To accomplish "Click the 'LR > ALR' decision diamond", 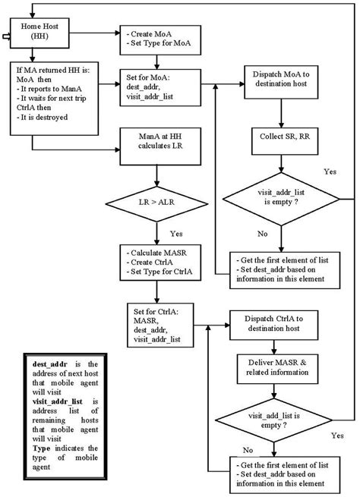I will [x=155, y=205].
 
